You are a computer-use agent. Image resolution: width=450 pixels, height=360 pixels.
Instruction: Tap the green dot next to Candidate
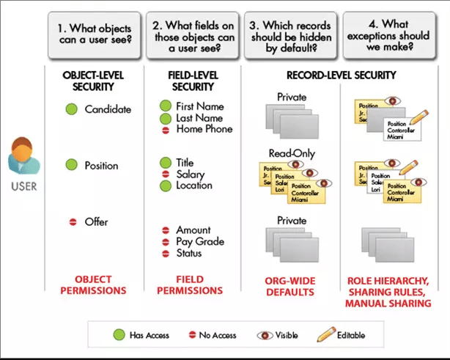pyautogui.click(x=72, y=109)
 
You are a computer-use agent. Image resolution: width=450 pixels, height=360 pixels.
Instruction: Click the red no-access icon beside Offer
pyautogui.click(x=72, y=221)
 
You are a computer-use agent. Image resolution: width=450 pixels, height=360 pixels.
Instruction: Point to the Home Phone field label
pyautogui.click(x=204, y=129)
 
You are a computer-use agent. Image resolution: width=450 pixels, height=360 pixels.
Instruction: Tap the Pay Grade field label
pyautogui.click(x=200, y=242)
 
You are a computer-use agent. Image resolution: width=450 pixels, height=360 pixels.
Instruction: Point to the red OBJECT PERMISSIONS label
pyautogui.click(x=94, y=285)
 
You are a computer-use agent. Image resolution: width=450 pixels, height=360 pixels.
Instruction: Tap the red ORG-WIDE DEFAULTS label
pyautogui.click(x=289, y=287)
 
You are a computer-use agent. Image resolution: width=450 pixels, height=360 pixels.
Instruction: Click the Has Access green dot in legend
pyautogui.click(x=117, y=335)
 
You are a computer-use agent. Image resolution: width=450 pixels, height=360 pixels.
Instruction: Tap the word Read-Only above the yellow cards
pyautogui.click(x=292, y=153)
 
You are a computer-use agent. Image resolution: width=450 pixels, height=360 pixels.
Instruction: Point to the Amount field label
pyautogui.click(x=193, y=230)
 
